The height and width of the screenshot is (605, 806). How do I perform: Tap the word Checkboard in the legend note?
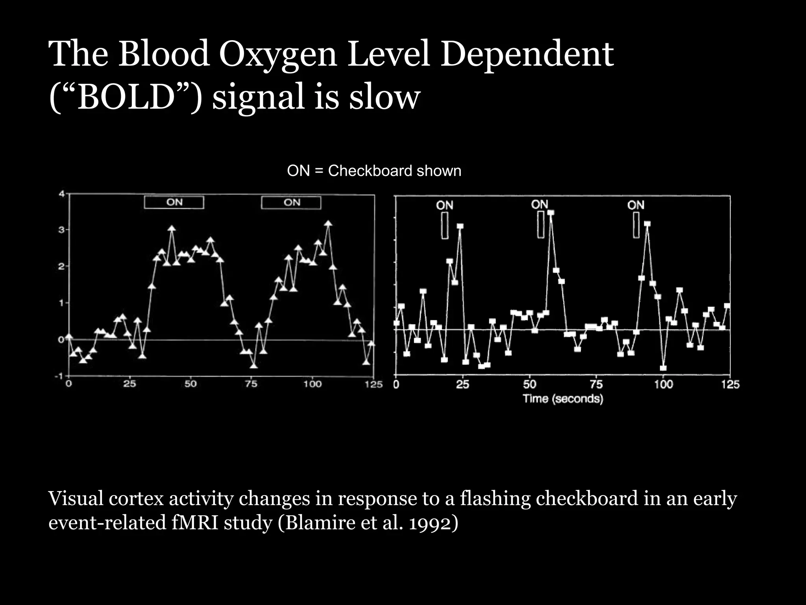(x=370, y=171)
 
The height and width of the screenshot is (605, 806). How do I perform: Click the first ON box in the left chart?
(x=174, y=202)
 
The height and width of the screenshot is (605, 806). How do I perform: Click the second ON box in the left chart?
(x=291, y=202)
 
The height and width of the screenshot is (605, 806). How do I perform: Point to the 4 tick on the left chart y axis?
(x=61, y=194)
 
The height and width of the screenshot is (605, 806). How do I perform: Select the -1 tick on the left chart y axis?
(x=59, y=376)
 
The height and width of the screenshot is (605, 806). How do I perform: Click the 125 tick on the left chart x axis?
(x=373, y=384)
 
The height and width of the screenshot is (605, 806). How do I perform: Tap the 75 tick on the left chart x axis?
(x=251, y=384)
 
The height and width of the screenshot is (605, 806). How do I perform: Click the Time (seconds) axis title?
(x=563, y=399)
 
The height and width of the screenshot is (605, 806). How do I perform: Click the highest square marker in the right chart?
(x=551, y=213)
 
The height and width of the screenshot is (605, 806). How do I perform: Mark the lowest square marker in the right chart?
(x=663, y=368)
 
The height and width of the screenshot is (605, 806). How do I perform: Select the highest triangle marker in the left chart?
(x=328, y=224)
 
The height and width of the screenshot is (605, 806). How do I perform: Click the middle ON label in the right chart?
(x=539, y=204)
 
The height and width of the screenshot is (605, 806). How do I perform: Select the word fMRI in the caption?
(x=195, y=523)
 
